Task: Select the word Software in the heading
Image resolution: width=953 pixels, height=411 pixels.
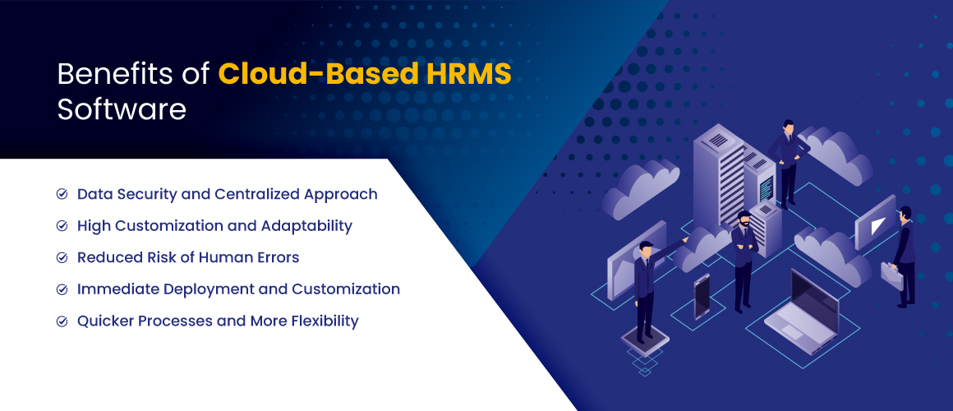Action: coord(122,109)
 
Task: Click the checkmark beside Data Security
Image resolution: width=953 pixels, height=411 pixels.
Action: coord(62,194)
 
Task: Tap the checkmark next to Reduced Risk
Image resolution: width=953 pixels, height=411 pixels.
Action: coord(62,257)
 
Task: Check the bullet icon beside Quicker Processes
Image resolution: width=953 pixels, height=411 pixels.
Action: coord(62,321)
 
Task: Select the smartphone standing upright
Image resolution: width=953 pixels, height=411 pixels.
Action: coord(702,296)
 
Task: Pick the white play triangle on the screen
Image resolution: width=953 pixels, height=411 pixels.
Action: coord(877,226)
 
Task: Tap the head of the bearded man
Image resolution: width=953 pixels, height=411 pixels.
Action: coord(744,219)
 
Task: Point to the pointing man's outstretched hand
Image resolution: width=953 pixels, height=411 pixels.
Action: coord(685,240)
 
